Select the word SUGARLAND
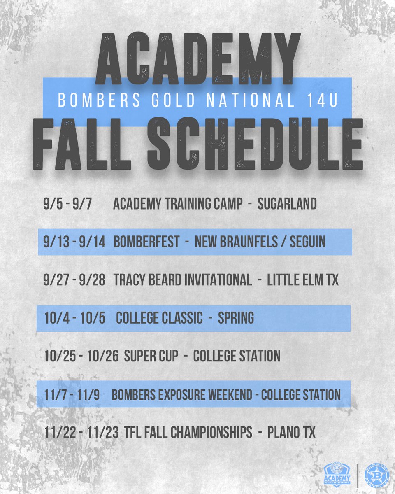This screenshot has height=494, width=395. [x=287, y=204]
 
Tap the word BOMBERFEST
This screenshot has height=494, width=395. [x=146, y=242]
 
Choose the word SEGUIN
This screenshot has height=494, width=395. [x=307, y=242]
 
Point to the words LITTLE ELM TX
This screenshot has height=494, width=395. [x=303, y=280]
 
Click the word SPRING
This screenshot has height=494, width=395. [x=236, y=318]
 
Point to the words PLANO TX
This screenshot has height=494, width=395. [x=291, y=433]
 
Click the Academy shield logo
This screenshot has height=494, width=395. [x=337, y=473]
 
